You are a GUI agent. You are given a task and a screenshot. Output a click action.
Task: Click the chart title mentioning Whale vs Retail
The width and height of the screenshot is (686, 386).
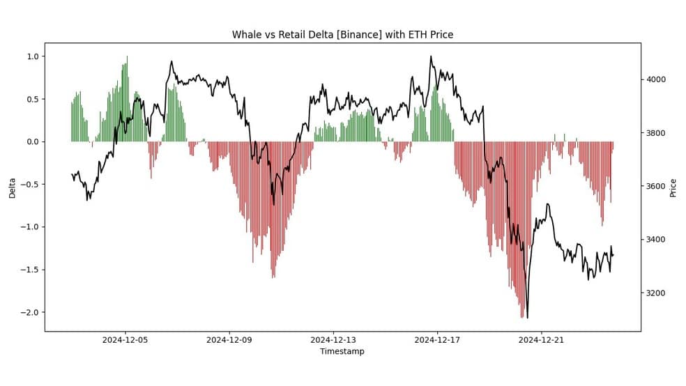tap(342, 35)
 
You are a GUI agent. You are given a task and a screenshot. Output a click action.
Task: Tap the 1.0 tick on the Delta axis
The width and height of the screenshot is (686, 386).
tap(33, 56)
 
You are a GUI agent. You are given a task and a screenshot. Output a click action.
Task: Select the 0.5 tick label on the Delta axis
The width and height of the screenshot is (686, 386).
tap(33, 99)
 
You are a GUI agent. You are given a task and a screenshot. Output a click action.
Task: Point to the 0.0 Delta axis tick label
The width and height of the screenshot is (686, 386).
tap(33, 141)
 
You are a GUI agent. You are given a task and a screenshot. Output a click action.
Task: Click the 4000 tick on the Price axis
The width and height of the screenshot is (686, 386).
tap(656, 79)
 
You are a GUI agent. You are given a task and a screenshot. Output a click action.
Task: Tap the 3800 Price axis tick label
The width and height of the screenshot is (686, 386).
tap(656, 133)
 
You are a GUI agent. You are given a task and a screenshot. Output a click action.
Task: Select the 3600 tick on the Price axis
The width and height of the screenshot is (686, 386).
tap(656, 186)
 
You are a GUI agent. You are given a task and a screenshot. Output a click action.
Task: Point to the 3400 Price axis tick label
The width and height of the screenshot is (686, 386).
tap(656, 240)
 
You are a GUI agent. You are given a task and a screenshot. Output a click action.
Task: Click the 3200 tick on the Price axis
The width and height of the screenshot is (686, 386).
tap(656, 293)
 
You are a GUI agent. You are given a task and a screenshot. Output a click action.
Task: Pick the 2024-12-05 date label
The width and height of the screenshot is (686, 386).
tap(125, 340)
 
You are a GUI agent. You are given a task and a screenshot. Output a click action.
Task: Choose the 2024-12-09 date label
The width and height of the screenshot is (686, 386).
tap(229, 340)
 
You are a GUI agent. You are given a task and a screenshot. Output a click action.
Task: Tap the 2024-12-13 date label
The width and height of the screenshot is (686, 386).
tap(333, 340)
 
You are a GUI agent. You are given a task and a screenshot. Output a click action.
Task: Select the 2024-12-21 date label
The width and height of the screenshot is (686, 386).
tap(541, 340)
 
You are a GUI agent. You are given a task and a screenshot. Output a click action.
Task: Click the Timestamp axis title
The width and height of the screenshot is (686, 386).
tap(342, 351)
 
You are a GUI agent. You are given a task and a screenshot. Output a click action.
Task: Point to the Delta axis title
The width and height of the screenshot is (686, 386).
tap(12, 188)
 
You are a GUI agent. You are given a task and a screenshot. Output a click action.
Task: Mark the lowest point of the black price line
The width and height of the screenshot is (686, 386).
tap(527, 318)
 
